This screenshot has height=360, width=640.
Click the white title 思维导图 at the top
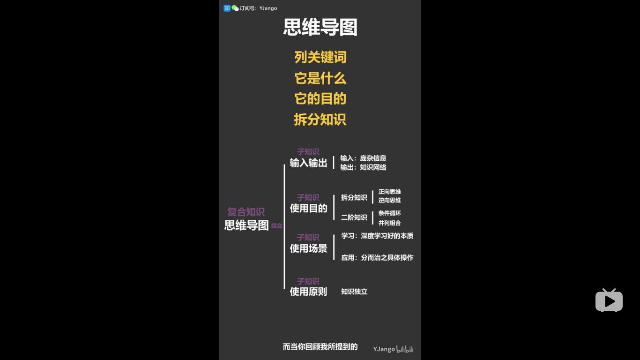pos(320,28)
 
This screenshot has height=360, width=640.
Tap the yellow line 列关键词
pos(320,57)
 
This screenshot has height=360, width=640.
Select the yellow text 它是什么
pos(320,78)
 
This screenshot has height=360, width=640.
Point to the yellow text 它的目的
pos(320,98)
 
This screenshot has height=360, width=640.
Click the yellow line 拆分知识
pos(320,119)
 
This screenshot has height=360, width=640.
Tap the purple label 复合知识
pos(246,212)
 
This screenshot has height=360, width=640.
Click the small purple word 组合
pos(276,226)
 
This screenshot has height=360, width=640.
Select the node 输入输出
pos(308,163)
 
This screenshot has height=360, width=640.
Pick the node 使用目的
pos(308,209)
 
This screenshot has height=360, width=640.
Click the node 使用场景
pos(308,248)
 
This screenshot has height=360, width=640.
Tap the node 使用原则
pos(308,292)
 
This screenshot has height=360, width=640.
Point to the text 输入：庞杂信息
pos(363,158)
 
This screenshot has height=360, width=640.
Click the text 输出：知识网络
pos(363,167)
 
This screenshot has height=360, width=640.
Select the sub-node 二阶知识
pos(354,217)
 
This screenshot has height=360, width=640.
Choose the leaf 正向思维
pos(389,192)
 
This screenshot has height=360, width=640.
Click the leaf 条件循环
pos(389,213)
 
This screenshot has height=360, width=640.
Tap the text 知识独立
pos(354,292)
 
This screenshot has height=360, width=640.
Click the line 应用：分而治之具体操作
pos(377,257)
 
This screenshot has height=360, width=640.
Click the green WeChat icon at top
pos(235,8)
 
